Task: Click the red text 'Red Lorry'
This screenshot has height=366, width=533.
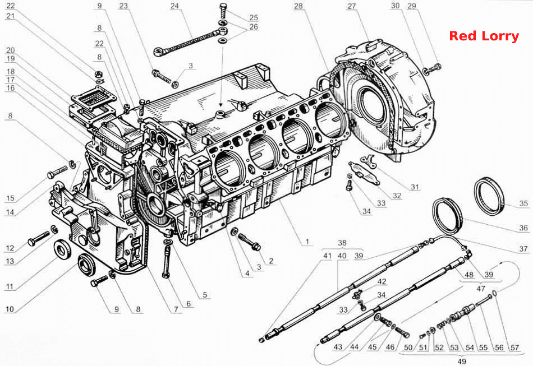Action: coord(484,36)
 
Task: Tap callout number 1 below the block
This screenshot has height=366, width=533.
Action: coord(307,242)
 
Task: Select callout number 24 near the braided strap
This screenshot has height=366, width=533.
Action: coord(174,6)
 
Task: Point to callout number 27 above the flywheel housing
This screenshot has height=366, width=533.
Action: coord(351,6)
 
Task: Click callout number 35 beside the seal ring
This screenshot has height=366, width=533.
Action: coord(523,203)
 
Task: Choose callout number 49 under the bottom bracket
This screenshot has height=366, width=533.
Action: coord(462,362)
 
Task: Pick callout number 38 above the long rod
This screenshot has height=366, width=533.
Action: coord(342,243)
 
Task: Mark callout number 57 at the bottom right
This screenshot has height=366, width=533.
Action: coord(514,348)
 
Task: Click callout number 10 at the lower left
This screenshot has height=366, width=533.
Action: coord(10,309)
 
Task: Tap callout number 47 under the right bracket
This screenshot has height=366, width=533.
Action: coord(481,289)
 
